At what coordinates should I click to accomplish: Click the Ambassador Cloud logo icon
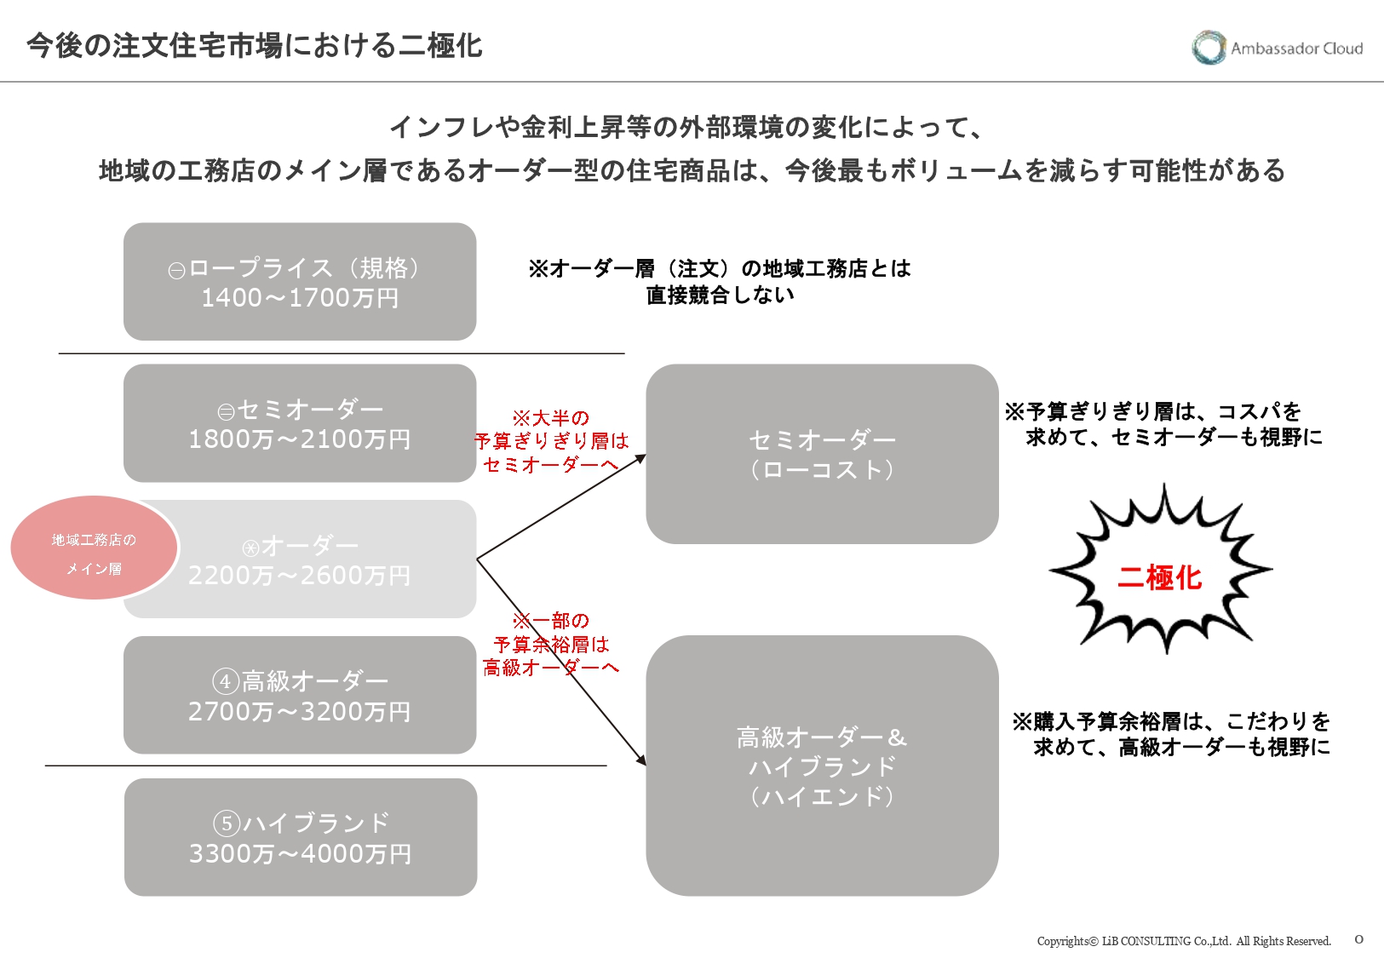pos(1208,48)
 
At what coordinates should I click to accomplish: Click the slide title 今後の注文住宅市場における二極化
pos(255,45)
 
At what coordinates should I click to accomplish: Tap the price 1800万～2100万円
pos(300,439)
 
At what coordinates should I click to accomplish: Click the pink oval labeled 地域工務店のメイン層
pos(94,548)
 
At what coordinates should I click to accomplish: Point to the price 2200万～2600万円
pos(300,576)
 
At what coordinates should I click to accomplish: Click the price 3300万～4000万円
pos(301,853)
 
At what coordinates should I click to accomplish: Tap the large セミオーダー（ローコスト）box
pos(822,454)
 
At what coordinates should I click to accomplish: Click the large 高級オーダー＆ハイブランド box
pos(822,766)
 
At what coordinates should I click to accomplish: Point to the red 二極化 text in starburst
pos(1159,578)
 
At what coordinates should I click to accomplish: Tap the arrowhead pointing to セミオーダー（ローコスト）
pos(641,458)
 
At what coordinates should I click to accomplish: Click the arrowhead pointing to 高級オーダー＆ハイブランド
pos(641,760)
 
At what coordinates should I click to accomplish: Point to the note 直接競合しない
pos(721,295)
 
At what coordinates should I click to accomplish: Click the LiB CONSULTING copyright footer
pos(1184,941)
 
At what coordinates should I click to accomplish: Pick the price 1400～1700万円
pos(300,298)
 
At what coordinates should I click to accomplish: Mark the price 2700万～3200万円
pos(300,712)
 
